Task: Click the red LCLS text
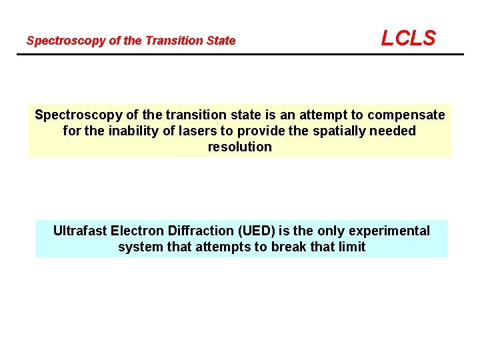coord(408,38)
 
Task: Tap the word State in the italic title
coord(221,41)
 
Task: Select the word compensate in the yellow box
coord(408,115)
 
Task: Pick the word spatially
coord(333,131)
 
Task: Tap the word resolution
coord(240,147)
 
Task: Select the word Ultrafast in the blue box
coord(79,231)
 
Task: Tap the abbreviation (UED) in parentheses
coord(254,231)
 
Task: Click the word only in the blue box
coord(331,231)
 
